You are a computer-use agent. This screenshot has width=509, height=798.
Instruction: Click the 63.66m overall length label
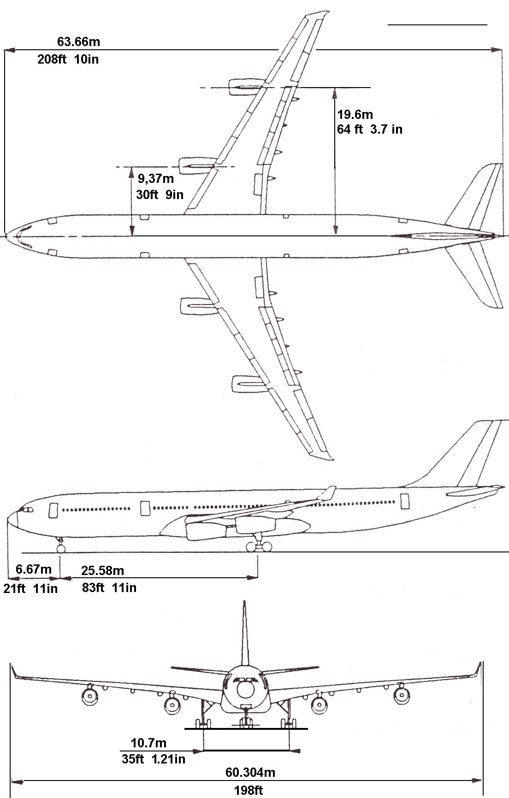pos(78,41)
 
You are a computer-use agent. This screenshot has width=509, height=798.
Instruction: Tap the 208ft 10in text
pos(68,59)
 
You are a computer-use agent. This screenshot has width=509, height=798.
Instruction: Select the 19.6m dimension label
pos(355,115)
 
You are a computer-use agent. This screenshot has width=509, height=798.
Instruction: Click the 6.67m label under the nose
pos(34,569)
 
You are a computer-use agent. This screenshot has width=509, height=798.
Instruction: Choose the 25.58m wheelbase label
pos(103,570)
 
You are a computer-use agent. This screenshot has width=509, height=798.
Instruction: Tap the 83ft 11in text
pos(109,587)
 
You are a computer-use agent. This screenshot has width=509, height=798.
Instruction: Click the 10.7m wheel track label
pos(149,743)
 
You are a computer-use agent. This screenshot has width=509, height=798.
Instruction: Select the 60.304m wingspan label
pos(250,772)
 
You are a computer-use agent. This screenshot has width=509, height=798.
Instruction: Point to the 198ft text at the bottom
pos(249,791)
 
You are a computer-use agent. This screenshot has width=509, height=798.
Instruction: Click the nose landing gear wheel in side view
pos(60,548)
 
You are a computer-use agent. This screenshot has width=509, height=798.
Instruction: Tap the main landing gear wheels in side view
pos(259,547)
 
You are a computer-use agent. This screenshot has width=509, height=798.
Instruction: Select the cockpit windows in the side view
pos(25,510)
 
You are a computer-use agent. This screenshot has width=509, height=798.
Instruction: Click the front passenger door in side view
pos(53,509)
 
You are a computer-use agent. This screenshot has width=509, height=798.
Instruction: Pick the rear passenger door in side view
pos(405,501)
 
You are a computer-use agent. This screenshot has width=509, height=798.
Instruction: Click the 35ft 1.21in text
pos(154,759)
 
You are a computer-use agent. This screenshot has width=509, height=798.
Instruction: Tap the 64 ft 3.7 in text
pos(369,129)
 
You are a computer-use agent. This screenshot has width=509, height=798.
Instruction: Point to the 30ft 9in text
pos(160,194)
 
